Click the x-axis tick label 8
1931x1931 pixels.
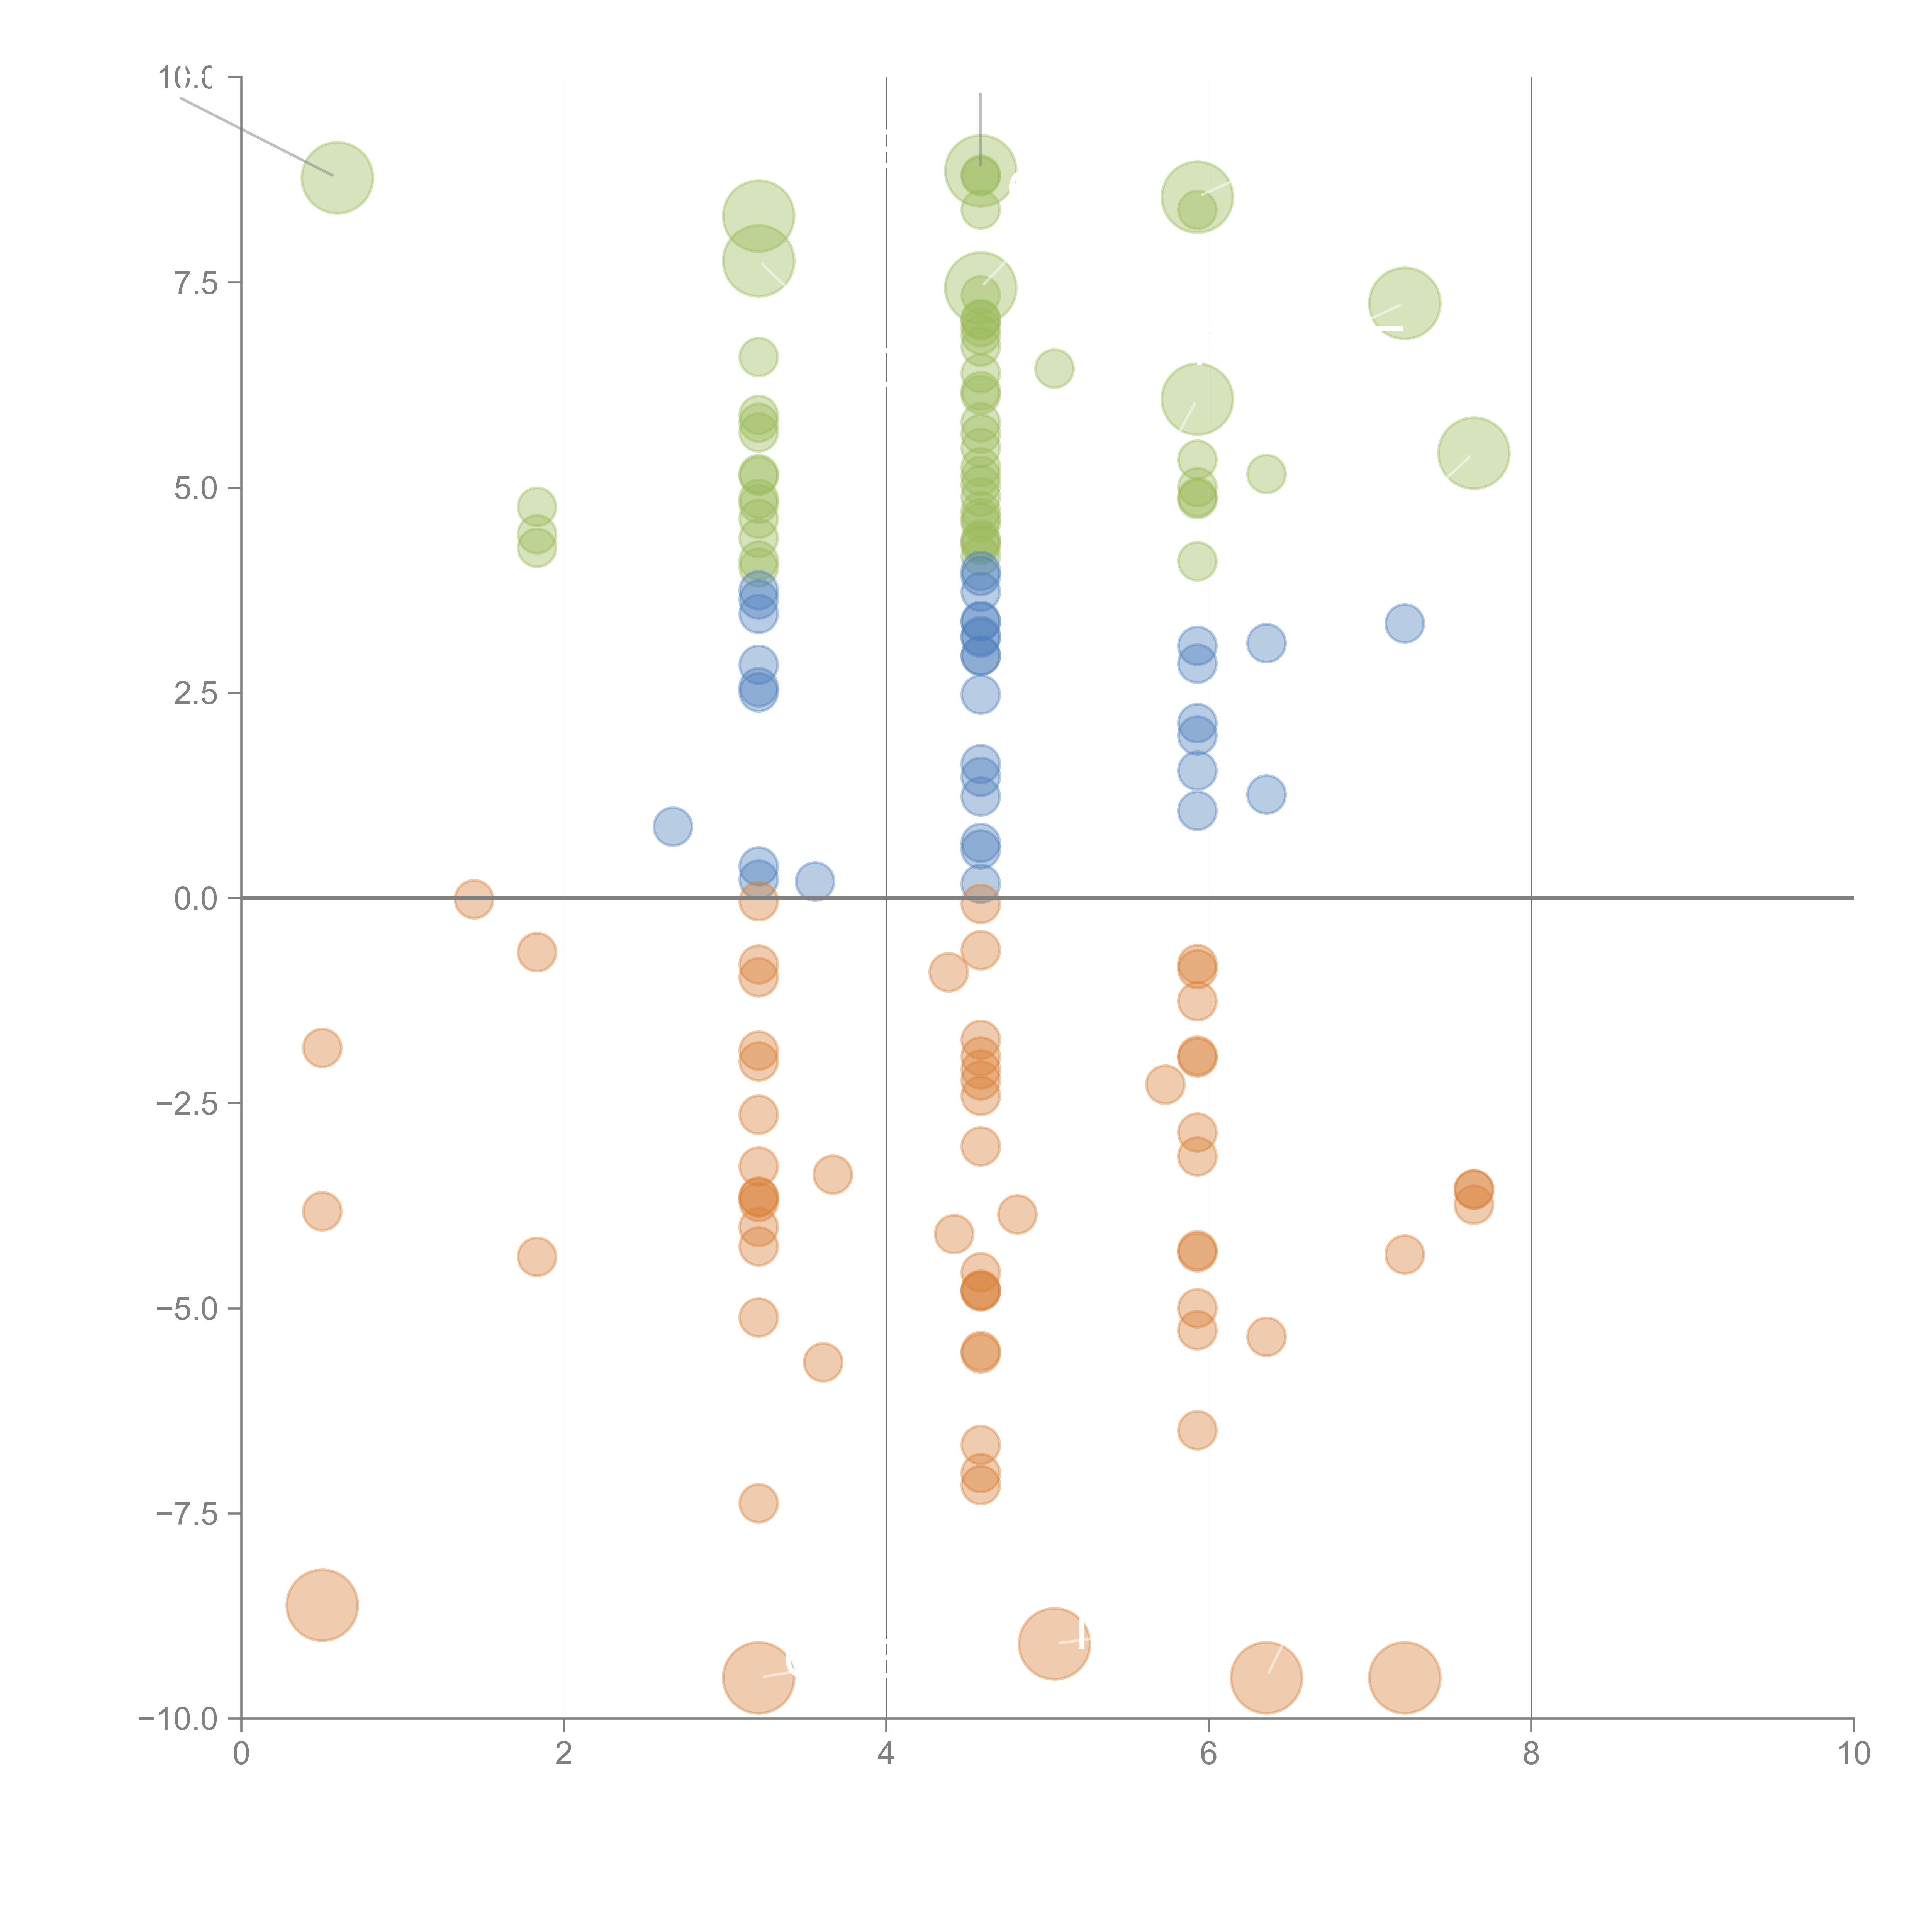pyautogui.click(x=1531, y=1754)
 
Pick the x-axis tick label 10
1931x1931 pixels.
pyautogui.click(x=1853, y=1754)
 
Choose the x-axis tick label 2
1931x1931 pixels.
pyautogui.click(x=564, y=1754)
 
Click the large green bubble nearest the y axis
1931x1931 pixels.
pyautogui.click(x=338, y=178)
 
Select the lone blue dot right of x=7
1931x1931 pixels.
pyautogui.click(x=1404, y=624)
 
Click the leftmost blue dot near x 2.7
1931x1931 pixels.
pyautogui.click(x=673, y=826)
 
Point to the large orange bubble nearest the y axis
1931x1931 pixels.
pyautogui.click(x=322, y=1605)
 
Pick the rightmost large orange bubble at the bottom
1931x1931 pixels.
pyautogui.click(x=1404, y=1678)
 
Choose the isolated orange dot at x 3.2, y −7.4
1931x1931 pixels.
pyautogui.click(x=758, y=1503)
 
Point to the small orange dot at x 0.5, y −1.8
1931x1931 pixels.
pyautogui.click(x=322, y=1049)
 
